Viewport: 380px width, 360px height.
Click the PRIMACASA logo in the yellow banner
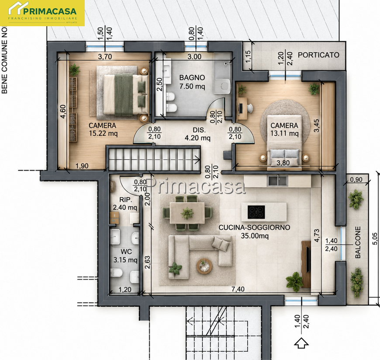(42, 13)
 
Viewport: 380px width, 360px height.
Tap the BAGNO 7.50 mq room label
(192, 82)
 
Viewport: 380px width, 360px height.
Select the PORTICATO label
(318, 55)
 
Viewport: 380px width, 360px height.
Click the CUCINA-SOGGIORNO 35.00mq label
(254, 232)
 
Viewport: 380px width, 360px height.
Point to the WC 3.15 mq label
(125, 256)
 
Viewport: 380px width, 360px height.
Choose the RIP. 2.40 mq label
(125, 204)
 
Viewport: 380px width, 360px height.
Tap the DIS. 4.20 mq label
(198, 134)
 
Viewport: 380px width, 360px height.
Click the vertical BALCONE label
(358, 242)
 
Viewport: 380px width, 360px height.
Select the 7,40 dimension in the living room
(238, 289)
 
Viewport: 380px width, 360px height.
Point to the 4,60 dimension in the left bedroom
(63, 111)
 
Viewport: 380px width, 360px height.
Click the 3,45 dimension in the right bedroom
(316, 125)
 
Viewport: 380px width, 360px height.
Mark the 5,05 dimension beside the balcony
(375, 239)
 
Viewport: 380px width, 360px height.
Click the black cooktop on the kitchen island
(256, 212)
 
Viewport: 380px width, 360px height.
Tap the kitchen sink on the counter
(277, 180)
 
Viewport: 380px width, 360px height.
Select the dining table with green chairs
(187, 213)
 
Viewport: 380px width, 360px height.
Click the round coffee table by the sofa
(204, 266)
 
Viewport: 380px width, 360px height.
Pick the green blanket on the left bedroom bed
(124, 94)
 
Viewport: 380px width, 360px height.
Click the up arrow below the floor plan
(301, 343)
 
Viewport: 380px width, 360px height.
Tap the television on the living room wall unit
(308, 259)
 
